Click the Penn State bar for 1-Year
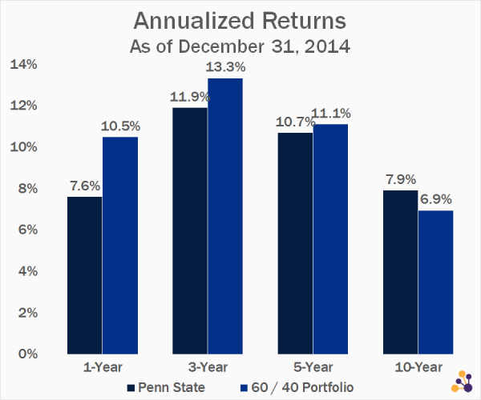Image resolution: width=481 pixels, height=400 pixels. click(x=84, y=274)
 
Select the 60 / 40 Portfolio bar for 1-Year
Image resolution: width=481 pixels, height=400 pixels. click(x=120, y=245)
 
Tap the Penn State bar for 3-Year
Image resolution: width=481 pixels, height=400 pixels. click(x=190, y=230)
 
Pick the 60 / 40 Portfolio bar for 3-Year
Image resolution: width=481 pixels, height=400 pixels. click(x=225, y=216)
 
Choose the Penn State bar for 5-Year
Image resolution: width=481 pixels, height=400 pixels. click(x=295, y=242)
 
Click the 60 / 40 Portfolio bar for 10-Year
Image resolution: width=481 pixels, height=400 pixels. click(x=436, y=282)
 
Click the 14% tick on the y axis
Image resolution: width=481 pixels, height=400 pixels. click(x=24, y=64)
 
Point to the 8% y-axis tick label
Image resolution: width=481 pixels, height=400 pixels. click(x=27, y=188)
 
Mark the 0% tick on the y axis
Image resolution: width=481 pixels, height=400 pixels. click(x=27, y=354)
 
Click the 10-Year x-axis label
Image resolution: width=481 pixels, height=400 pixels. click(x=418, y=368)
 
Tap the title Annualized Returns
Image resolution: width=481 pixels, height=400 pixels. click(x=240, y=20)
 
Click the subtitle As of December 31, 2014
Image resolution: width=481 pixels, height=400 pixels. click(x=240, y=45)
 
